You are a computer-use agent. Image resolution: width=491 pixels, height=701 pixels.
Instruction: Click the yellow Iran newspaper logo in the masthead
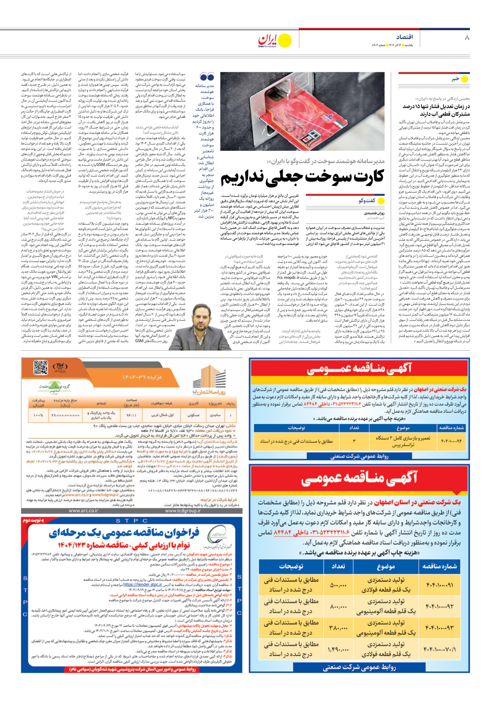[275, 40]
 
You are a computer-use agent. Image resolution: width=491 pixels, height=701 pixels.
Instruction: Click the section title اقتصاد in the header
[404, 37]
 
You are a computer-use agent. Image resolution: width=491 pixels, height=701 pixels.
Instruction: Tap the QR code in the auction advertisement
[40, 367]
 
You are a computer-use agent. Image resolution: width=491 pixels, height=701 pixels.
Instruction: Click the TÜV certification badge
[60, 366]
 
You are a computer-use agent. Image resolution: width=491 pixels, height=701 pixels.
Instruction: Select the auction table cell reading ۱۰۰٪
[38, 415]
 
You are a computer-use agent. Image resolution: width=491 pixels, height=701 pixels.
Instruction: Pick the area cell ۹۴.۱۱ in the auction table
[131, 415]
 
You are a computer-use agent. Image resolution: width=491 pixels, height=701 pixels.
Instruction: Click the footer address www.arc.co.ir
[83, 511]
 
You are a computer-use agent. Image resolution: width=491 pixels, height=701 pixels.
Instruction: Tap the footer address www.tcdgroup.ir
[183, 511]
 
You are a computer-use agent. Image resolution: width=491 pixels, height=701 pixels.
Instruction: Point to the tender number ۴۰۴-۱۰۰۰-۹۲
[439, 606]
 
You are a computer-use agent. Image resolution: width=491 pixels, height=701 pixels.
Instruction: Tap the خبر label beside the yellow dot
[455, 79]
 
